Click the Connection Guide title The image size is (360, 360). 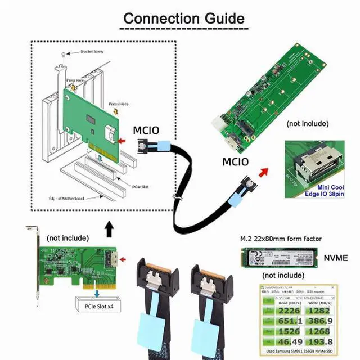[183, 18]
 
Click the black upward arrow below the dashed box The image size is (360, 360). [109, 229]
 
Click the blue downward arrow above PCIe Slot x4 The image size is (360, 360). [98, 294]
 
